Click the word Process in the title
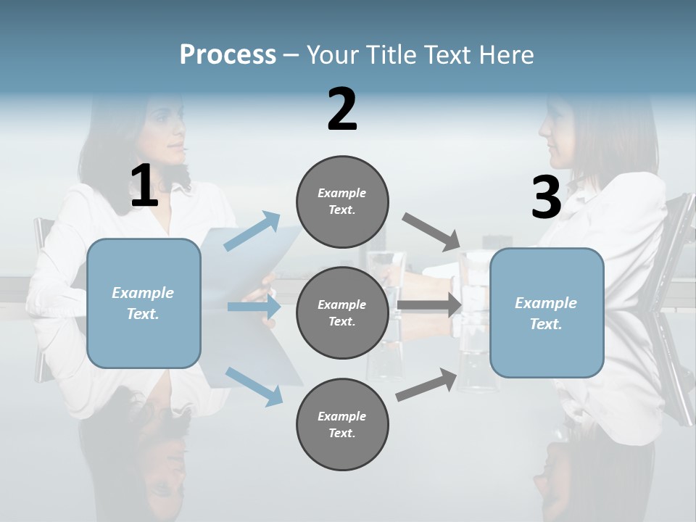228,55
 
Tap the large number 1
144,186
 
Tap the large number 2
342,109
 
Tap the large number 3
546,198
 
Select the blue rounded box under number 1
144,304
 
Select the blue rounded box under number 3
547,313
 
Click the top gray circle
342,202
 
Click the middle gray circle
342,313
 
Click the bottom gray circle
342,425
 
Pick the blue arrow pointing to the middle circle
254,307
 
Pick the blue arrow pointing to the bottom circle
254,386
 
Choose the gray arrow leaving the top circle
431,232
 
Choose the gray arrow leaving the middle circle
429,305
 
